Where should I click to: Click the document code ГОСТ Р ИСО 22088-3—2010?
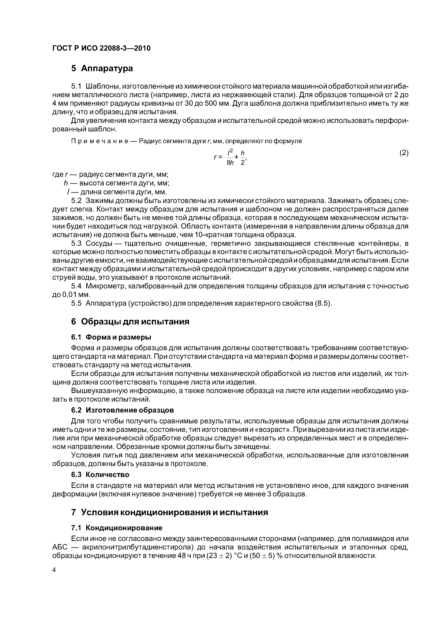coord(101,48)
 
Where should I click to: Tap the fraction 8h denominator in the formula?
coord(230,162)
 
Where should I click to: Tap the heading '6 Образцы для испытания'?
coord(130,322)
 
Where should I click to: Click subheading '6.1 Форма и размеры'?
coord(111,337)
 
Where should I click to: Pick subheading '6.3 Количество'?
coord(100,475)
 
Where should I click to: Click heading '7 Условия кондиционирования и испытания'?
coord(169,512)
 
